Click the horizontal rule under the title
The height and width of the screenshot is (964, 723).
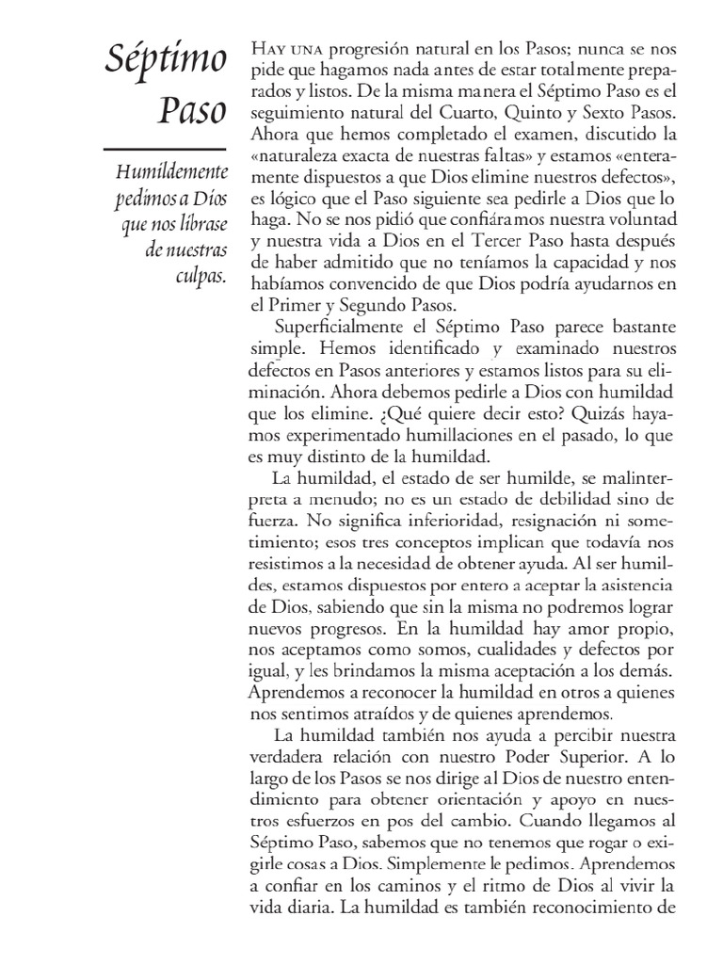[163, 149]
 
